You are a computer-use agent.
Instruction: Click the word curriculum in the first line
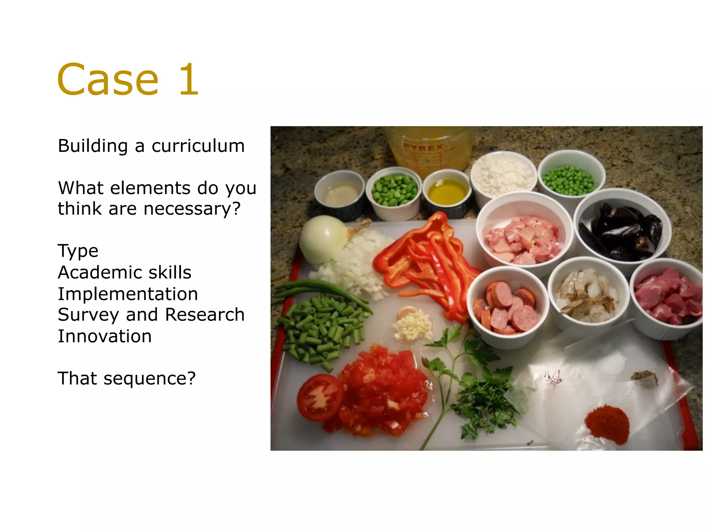click(x=198, y=146)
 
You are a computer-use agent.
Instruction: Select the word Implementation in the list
click(x=128, y=294)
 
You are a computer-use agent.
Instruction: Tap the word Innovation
click(x=104, y=336)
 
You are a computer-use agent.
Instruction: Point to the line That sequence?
click(x=127, y=379)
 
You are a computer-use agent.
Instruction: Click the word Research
click(x=205, y=315)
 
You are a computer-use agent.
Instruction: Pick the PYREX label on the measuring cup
click(x=423, y=147)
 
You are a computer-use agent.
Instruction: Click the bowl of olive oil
click(x=447, y=192)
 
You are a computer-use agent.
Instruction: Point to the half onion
click(x=322, y=239)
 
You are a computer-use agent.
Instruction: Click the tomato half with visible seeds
click(x=320, y=397)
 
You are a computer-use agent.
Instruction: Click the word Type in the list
click(x=78, y=251)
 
